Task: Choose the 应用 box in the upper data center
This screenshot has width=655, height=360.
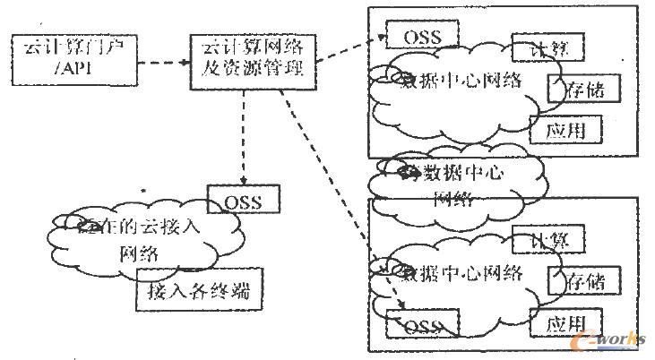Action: point(565,130)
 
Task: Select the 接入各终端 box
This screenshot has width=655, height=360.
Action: point(197,291)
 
